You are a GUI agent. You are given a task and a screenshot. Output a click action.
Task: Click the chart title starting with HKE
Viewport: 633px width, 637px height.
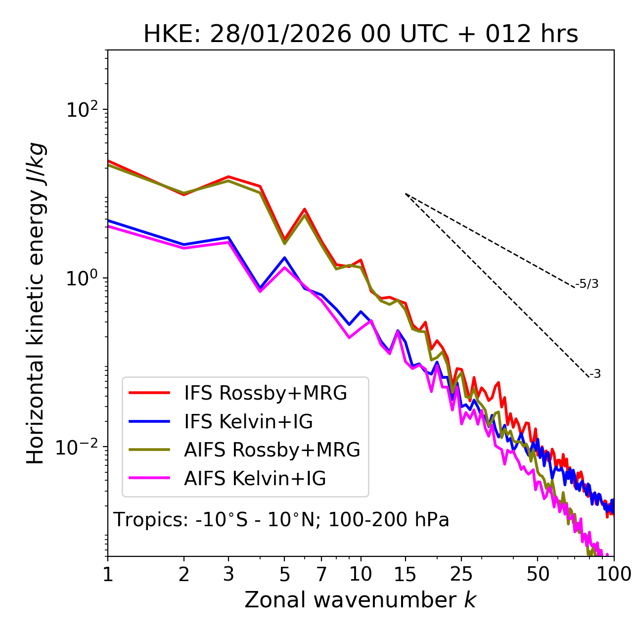tap(361, 35)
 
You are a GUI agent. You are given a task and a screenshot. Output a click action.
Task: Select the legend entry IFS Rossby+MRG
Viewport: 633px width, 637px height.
tap(265, 393)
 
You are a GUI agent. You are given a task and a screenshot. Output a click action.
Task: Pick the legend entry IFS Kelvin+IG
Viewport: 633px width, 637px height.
tap(248, 422)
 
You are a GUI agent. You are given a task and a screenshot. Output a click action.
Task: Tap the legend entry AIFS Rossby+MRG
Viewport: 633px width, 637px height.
tap(272, 450)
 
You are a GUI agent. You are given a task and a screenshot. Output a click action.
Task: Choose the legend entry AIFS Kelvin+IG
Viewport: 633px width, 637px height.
tap(255, 479)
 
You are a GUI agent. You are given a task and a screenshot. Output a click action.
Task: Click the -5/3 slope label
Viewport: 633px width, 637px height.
tap(587, 284)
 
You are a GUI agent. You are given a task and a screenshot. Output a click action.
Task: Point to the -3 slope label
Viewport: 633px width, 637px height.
tap(595, 374)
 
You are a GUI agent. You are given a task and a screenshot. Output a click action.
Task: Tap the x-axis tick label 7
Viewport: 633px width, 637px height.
tap(321, 574)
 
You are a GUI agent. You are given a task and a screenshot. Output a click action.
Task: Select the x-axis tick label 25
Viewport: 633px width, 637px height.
tap(461, 574)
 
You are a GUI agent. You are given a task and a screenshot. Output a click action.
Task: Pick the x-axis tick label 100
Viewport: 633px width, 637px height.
tap(614, 574)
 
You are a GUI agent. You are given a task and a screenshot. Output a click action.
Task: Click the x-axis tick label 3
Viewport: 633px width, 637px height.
tap(228, 574)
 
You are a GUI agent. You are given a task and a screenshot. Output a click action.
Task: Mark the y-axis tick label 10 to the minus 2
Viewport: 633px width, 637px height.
tap(79, 447)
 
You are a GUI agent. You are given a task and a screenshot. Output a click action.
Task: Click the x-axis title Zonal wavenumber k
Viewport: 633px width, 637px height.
tap(360, 600)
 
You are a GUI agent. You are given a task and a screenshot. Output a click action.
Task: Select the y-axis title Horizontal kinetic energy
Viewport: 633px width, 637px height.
tap(36, 304)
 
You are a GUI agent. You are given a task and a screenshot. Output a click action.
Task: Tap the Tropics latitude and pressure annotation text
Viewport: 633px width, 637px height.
tap(281, 520)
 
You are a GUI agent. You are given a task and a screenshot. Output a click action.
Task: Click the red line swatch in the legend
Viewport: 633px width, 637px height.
tap(149, 393)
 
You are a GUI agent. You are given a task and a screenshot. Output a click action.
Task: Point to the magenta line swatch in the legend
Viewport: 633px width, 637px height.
tap(149, 479)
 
